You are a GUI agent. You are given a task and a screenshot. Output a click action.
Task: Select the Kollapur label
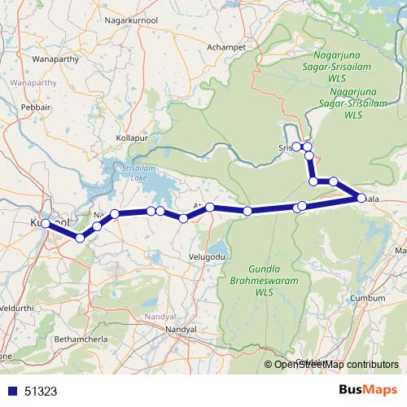133,139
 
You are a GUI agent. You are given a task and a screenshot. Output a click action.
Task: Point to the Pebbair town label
37,107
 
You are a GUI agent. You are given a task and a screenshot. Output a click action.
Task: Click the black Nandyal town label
181,328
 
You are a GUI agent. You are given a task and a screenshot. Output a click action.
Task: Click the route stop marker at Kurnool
46,223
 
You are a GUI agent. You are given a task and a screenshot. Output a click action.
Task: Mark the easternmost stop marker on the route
361,198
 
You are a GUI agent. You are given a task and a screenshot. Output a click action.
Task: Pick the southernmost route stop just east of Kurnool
79,238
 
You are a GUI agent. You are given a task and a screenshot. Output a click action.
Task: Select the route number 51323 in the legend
41,391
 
